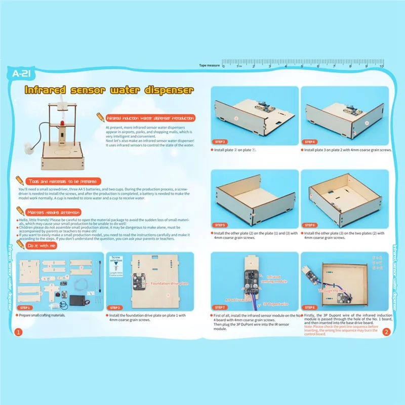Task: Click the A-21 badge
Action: coord(21,74)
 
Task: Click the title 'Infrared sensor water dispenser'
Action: coord(109,91)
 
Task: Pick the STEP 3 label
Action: coord(220,142)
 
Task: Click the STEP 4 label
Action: coord(309,142)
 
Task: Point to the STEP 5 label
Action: coord(220,225)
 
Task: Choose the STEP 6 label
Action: coord(309,225)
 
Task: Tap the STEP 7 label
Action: coord(220,307)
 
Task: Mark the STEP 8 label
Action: coord(309,307)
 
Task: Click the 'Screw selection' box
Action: coord(116,265)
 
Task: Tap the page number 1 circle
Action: coord(18,332)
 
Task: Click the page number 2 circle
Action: coord(386,332)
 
